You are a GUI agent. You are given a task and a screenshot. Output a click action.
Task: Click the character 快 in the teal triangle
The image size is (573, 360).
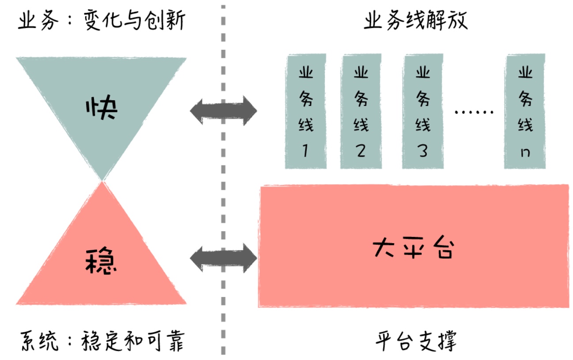tap(102, 109)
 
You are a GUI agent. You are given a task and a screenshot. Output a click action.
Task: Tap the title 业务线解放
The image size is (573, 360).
tap(415, 21)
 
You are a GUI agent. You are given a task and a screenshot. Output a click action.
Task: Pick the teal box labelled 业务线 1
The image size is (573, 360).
tap(305, 111)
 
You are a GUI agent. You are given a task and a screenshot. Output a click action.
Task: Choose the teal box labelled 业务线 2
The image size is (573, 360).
tap(361, 111)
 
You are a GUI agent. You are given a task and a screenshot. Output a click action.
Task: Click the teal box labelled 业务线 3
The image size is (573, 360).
tap(422, 111)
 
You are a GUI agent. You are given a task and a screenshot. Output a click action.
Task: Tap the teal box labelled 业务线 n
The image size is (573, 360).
tap(525, 111)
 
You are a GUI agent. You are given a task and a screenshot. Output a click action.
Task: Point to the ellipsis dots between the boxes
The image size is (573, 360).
tap(474, 112)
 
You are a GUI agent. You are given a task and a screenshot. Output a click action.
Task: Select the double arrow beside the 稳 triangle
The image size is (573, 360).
tap(223, 257)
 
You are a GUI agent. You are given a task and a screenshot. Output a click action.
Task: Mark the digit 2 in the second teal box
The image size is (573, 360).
tap(361, 151)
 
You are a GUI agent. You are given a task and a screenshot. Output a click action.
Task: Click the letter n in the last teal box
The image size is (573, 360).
tap(525, 153)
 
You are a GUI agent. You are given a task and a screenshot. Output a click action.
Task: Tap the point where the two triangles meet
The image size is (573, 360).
tap(102, 181)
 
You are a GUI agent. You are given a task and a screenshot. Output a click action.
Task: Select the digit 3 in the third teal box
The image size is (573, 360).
tap(422, 151)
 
